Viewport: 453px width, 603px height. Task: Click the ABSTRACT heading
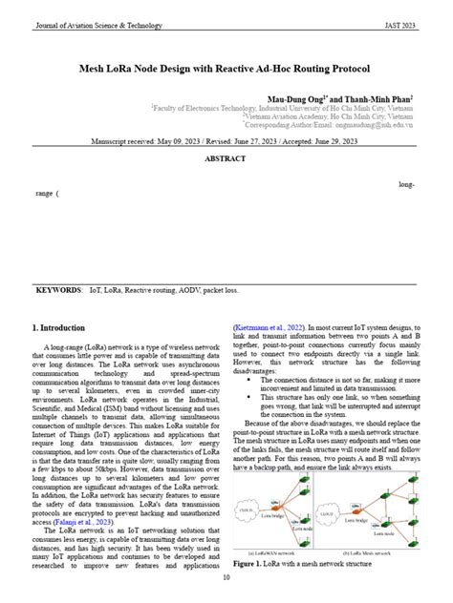tap(226, 159)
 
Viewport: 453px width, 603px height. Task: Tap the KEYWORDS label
tap(57, 287)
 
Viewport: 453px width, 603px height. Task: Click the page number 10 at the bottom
tap(226, 578)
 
